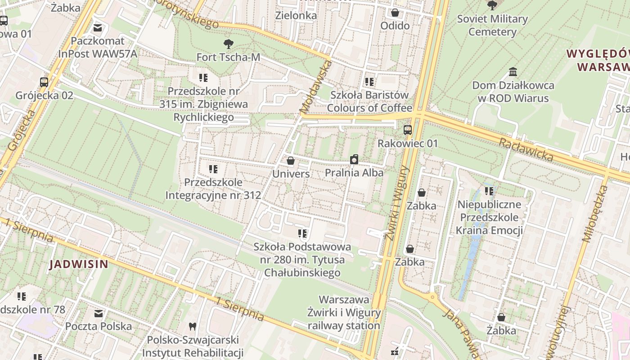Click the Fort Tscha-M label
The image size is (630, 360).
click(x=228, y=57)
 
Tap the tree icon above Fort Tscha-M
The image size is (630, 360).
click(x=229, y=44)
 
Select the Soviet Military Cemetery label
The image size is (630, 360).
click(x=492, y=25)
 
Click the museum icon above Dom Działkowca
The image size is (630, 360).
click(x=513, y=72)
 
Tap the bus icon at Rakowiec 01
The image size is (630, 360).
click(x=408, y=130)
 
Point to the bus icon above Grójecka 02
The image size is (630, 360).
click(x=44, y=82)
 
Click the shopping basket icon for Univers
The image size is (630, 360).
click(x=291, y=161)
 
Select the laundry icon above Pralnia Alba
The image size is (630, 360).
click(x=354, y=160)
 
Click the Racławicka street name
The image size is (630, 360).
click(x=526, y=149)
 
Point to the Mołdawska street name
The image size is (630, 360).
click(x=315, y=87)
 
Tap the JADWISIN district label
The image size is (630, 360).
click(x=79, y=264)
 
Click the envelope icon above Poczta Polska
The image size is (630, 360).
click(x=99, y=313)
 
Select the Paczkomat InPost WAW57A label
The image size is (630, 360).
click(x=98, y=47)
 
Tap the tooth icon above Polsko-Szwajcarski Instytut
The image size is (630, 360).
click(x=193, y=327)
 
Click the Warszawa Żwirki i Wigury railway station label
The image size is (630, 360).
click(x=344, y=312)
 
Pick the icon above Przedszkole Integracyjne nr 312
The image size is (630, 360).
click(x=213, y=169)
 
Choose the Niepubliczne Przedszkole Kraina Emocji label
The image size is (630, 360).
click(x=489, y=218)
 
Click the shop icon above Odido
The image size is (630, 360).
click(x=395, y=13)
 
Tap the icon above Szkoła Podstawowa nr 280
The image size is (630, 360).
click(x=302, y=234)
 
